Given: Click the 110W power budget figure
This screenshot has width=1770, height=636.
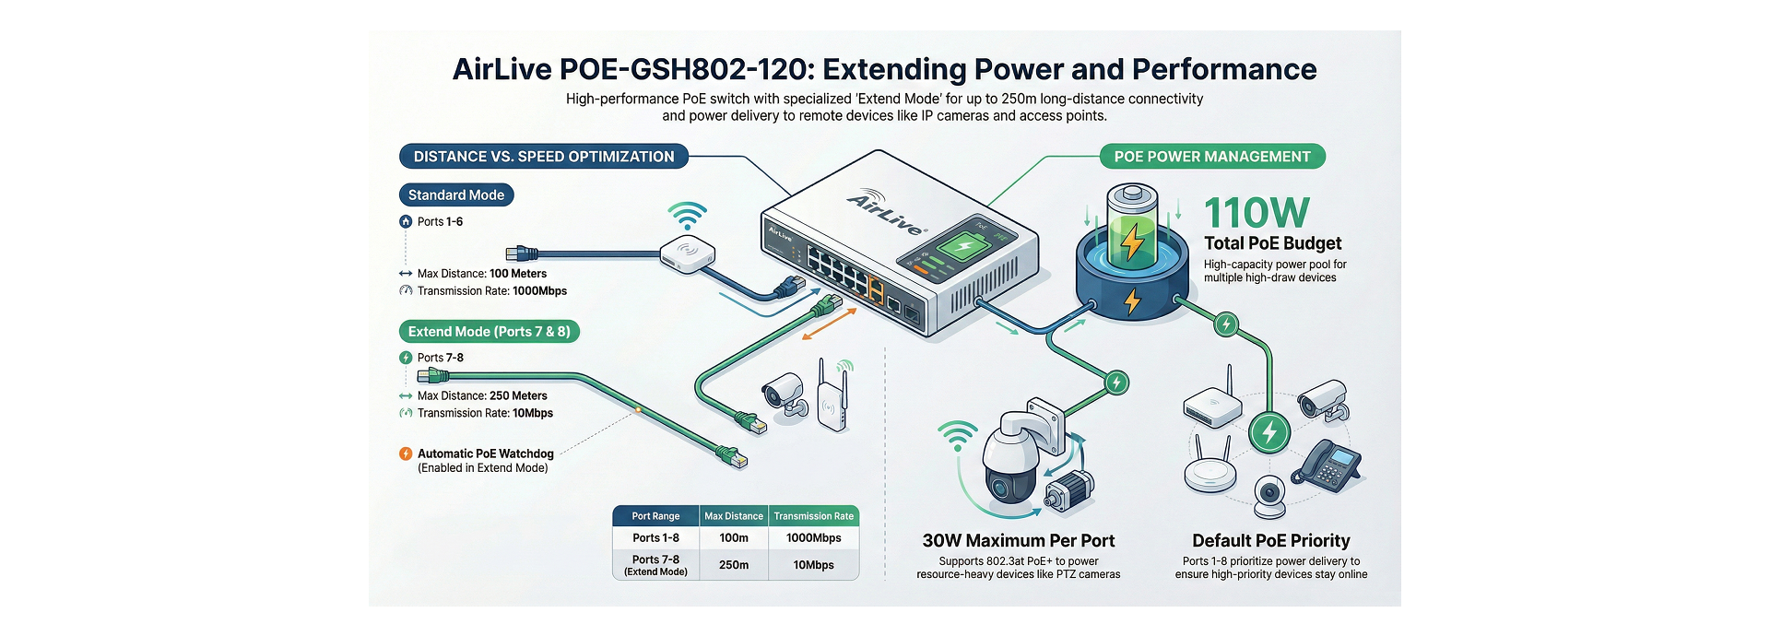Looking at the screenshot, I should (1257, 213).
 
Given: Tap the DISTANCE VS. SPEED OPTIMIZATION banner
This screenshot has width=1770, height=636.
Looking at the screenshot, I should (543, 157).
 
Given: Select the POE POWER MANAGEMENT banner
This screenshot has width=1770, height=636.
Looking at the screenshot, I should (1212, 157).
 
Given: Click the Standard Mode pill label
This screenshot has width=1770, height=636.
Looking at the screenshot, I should (455, 195).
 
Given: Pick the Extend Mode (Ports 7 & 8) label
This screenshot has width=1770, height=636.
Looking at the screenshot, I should (489, 332).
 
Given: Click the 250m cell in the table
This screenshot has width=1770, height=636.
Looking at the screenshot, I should (734, 565).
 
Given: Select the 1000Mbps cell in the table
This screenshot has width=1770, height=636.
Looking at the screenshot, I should (813, 538).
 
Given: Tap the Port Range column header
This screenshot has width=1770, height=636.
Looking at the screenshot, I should (655, 516).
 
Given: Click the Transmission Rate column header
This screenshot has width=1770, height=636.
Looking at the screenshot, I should (813, 516).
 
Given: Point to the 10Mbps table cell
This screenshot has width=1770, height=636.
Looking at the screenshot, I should (813, 565).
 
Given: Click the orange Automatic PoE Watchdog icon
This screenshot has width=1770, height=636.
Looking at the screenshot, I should (406, 453).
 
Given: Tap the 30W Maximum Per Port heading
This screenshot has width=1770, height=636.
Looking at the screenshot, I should (1019, 541).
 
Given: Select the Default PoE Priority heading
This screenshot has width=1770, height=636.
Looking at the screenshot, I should (1270, 541).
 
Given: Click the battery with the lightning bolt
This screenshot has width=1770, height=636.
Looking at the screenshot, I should (1132, 228).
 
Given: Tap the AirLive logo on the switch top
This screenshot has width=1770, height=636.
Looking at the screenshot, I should (887, 214).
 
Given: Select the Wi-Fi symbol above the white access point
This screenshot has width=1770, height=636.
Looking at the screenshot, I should (687, 217).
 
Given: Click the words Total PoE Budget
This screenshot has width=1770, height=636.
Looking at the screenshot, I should (1272, 243).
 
